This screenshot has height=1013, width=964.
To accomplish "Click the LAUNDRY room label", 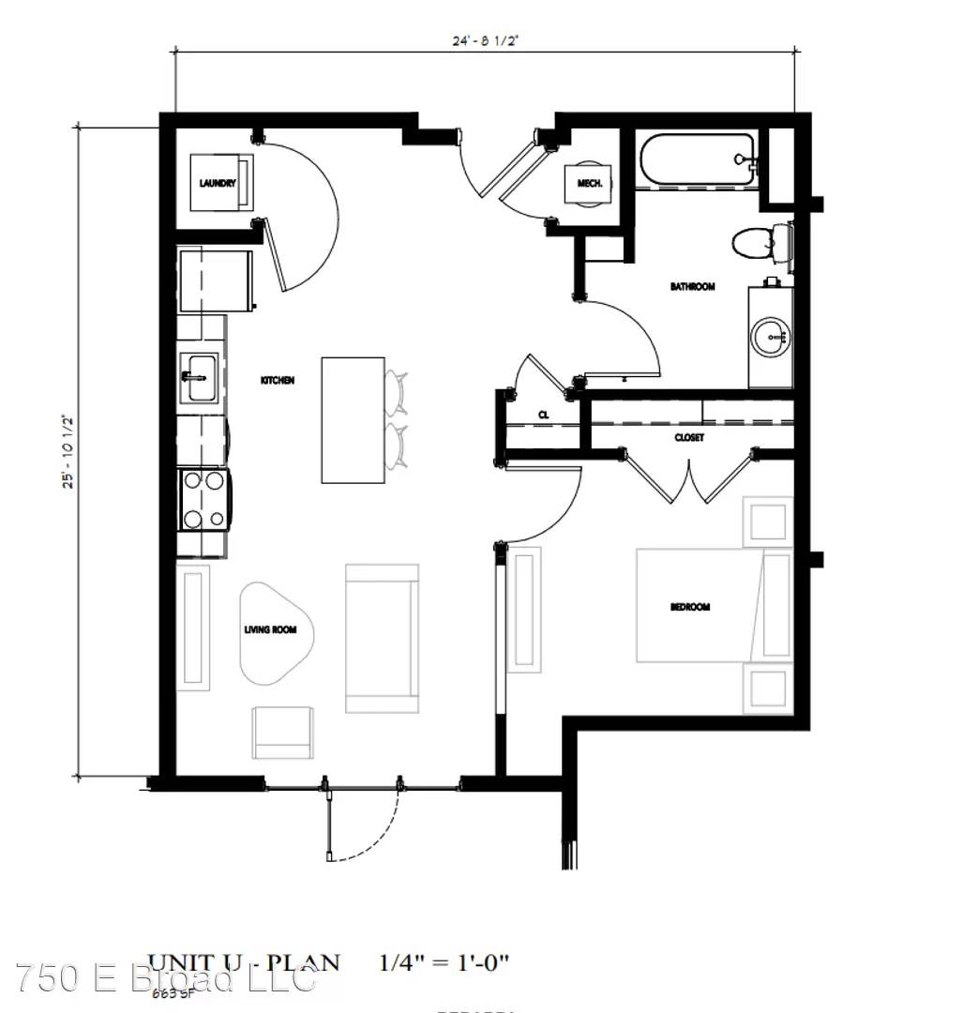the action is click(x=212, y=183).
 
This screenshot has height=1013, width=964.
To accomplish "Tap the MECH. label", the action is click(x=589, y=183).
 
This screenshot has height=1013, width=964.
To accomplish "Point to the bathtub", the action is click(x=696, y=160).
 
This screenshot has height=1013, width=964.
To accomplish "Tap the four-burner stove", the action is click(x=204, y=499).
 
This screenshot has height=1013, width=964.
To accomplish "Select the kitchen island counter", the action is click(x=353, y=419).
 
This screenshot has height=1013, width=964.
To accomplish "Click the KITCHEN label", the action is click(x=278, y=381).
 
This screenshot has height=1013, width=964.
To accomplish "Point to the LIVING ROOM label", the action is click(x=270, y=629).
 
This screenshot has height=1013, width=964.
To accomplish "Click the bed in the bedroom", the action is click(x=699, y=605).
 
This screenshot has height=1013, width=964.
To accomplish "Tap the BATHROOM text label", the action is click(x=692, y=286).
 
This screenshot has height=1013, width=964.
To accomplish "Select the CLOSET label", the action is click(x=689, y=437).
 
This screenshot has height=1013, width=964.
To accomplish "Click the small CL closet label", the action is click(x=543, y=414).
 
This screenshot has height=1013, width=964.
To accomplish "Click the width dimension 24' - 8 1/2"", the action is click(x=486, y=40).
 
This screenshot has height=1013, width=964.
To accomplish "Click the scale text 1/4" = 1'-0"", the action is click(x=444, y=962).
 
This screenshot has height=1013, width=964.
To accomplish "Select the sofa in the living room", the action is click(x=382, y=638).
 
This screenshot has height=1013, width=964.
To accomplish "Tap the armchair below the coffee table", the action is click(x=284, y=732).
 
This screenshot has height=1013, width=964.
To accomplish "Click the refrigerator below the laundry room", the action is click(x=216, y=280).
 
